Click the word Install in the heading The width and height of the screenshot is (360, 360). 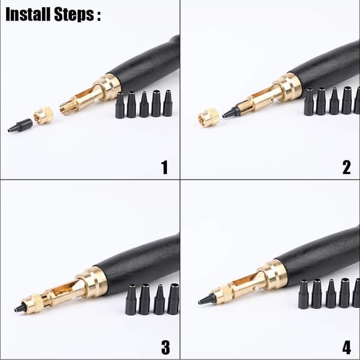(28, 14)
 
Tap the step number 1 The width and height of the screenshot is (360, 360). (164, 167)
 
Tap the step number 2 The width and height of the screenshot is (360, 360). (346, 167)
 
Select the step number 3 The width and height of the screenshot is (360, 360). (166, 347)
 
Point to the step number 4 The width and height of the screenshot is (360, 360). (347, 347)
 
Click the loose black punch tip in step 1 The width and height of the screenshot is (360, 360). (20, 125)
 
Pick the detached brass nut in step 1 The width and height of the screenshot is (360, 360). (44, 115)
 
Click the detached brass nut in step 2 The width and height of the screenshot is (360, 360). (209, 117)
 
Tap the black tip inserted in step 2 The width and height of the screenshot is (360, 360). (231, 113)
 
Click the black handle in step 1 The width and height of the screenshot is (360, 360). (148, 64)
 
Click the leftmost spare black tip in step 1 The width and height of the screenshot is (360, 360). (120, 105)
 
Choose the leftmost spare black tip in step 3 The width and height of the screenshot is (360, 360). (131, 299)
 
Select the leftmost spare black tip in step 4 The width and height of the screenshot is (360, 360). (304, 294)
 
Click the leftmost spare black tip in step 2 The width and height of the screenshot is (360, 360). (309, 101)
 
